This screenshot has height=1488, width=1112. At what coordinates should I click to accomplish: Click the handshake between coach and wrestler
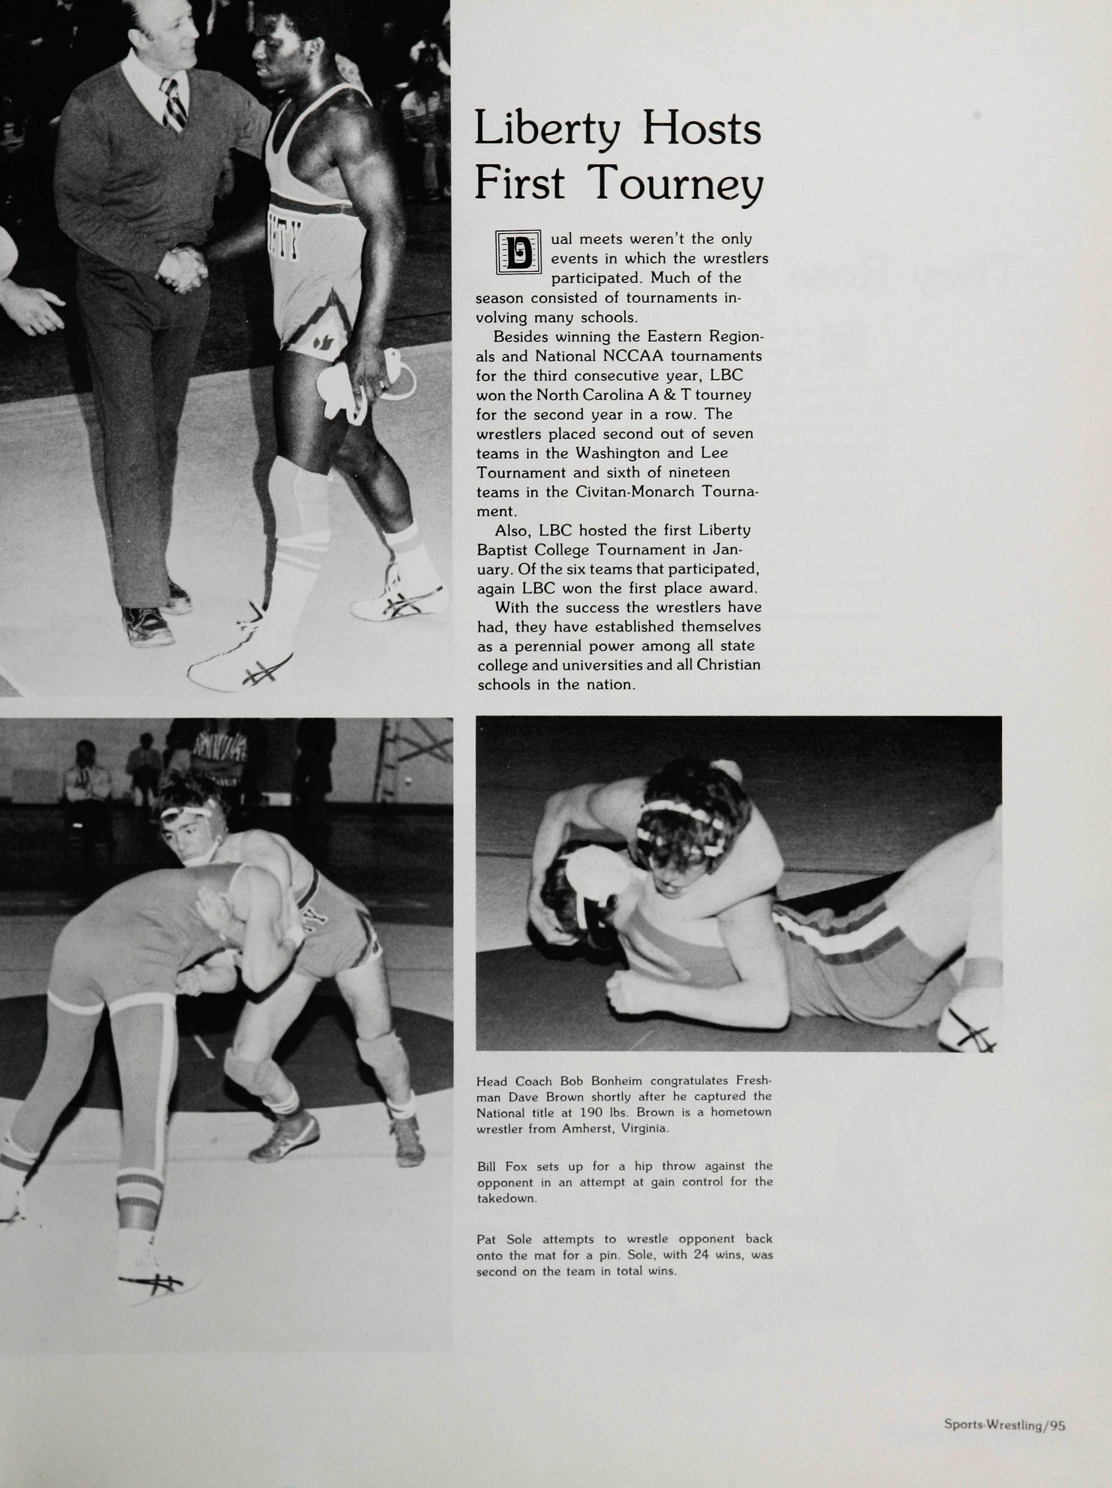click(181, 268)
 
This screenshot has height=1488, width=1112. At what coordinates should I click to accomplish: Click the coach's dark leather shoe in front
click(147, 626)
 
